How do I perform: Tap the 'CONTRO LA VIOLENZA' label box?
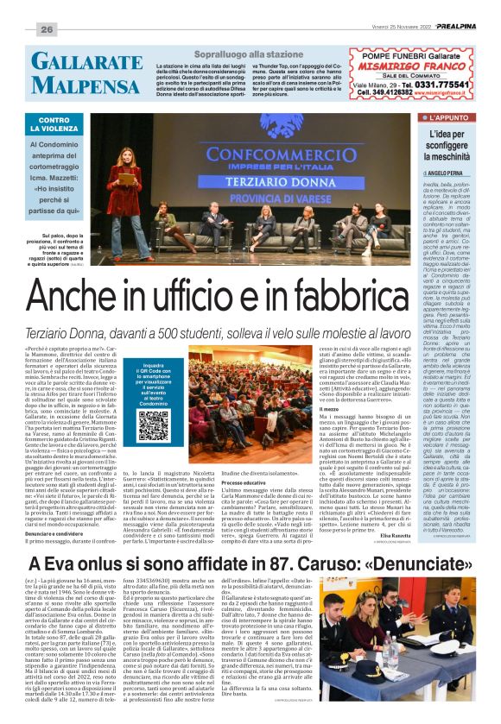click(54, 125)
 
